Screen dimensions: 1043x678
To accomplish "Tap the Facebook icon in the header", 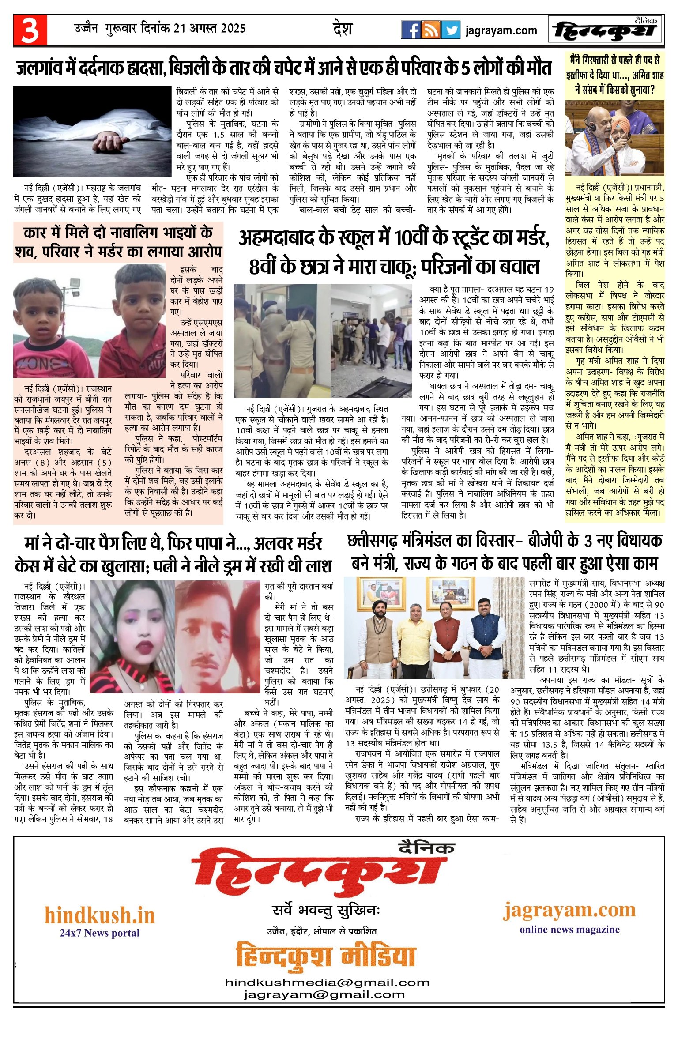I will pos(411,30).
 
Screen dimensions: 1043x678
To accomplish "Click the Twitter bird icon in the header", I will pos(451,30).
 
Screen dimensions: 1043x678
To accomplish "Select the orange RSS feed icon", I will pos(430,30).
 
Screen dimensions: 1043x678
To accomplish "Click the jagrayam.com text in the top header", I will pos(501,30).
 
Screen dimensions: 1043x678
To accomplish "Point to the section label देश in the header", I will pos(343,29).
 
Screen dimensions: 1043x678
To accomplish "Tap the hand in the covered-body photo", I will pos(106,143).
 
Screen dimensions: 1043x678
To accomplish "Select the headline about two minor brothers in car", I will pos(118,242).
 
